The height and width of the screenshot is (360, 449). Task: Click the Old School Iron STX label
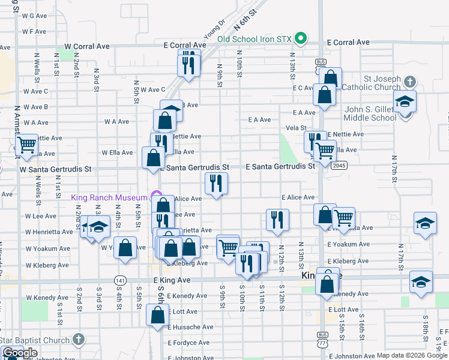(x=254, y=39)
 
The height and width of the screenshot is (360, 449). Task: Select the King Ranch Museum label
(x=109, y=197)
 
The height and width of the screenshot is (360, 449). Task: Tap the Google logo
(x=20, y=353)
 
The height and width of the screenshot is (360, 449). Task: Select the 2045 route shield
(x=339, y=165)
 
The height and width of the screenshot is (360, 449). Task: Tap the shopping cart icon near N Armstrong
(x=26, y=145)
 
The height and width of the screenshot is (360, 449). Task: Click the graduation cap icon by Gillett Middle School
(x=405, y=103)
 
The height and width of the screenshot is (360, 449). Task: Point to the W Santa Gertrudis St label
(x=55, y=170)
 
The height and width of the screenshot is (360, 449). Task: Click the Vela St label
(x=296, y=128)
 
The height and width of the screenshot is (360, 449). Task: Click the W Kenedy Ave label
(x=46, y=298)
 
